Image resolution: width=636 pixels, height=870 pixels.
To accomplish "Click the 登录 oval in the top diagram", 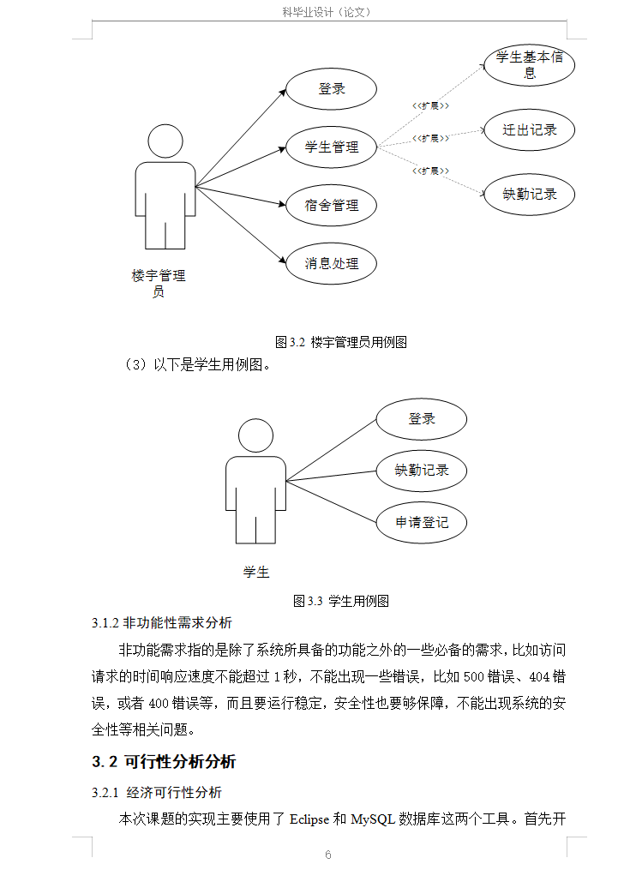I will coord(331,88).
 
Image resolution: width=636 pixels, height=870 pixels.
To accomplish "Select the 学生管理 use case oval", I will coord(331,147).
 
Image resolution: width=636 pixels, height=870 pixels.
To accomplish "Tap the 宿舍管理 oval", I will coord(331,205).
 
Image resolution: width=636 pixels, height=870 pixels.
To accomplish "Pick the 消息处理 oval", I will coord(331,263).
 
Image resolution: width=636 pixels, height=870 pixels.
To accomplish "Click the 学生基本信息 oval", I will coord(529,65).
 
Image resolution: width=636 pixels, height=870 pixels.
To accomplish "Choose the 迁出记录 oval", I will coord(529,130).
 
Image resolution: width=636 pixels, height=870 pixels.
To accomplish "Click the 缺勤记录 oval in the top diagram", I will coord(529,194).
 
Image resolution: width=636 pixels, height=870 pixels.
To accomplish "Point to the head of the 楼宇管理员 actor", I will coord(165,141).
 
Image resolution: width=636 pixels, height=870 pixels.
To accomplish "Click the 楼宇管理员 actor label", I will coord(159,284).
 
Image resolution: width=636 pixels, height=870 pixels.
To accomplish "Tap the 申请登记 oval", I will coord(421,521).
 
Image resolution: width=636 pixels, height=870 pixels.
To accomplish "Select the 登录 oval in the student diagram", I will coord(421,419).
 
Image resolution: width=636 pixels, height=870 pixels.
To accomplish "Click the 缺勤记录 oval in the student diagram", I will coord(421,470).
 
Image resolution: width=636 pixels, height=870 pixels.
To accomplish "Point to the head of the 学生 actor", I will coord(255,436).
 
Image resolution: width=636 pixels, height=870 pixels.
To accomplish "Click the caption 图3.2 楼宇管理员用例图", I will coord(340,342).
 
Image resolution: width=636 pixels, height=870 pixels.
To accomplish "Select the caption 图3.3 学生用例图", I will coord(341,601).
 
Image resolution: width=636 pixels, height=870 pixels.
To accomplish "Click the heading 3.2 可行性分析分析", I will coord(164,762).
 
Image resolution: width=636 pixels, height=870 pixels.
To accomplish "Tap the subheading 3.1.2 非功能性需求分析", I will coord(162,622).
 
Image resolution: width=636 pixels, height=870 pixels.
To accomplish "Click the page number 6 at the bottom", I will coord(327,855).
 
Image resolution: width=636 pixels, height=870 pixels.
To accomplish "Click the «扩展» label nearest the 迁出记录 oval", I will coord(431,138).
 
